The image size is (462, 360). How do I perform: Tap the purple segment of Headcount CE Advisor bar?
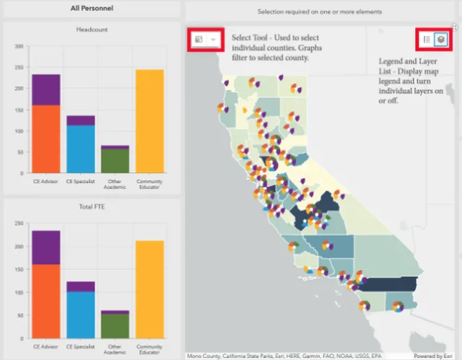coord(46,90)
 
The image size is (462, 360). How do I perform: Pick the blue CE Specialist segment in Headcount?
coord(81,149)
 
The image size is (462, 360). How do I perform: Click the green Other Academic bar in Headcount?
coord(115,161)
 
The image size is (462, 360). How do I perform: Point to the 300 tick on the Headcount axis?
coord(19,46)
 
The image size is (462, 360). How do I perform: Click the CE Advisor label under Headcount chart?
coord(46,182)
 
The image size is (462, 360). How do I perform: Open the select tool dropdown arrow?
coord(213,40)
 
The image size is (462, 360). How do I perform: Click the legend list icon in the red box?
coord(427,40)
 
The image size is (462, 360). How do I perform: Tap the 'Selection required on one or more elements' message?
coord(322,12)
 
